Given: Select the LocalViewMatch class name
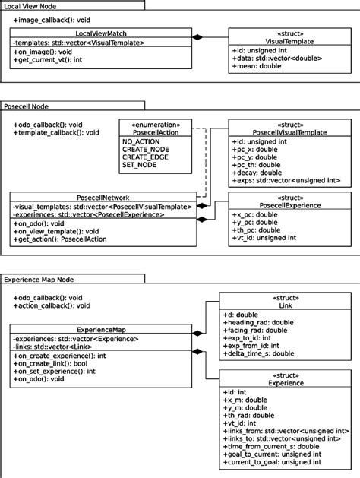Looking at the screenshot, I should pyautogui.click(x=102, y=34).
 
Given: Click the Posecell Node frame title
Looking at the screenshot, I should pyautogui.click(x=27, y=107).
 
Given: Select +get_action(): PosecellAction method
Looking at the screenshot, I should pyautogui.click(x=59, y=239).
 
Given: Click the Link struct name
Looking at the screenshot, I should pyautogui.click(x=285, y=304).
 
